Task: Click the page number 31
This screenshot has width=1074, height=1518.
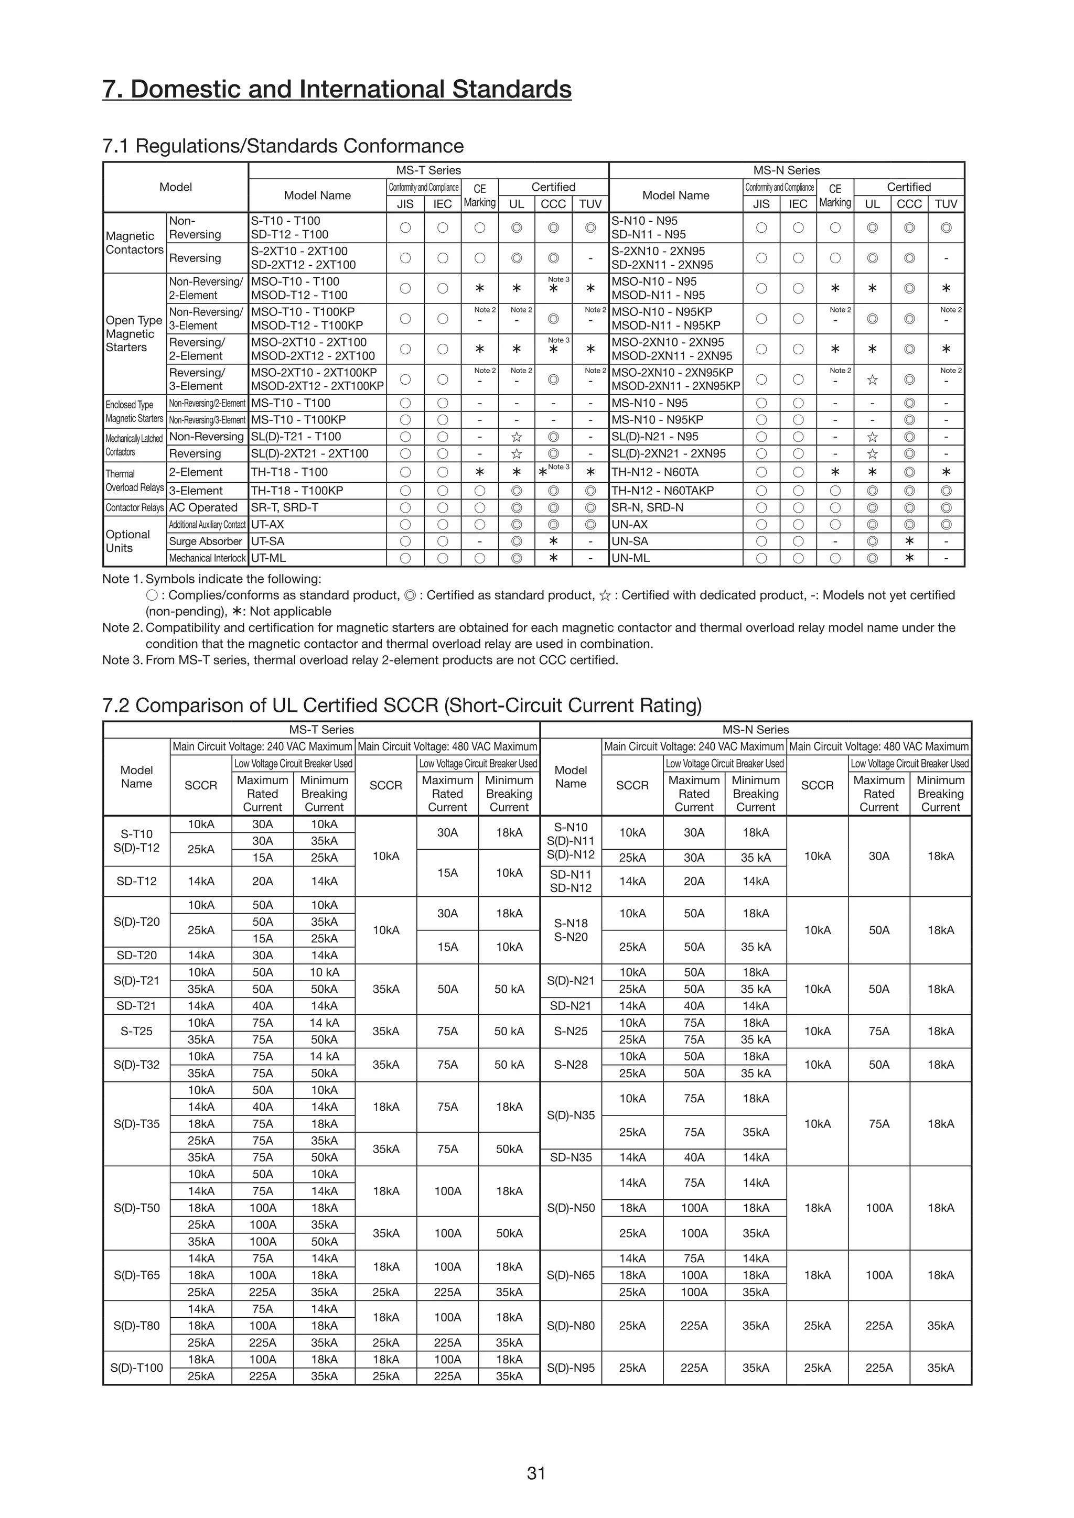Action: pyautogui.click(x=536, y=1473)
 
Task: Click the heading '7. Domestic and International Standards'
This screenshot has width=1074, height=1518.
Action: pyautogui.click(x=337, y=89)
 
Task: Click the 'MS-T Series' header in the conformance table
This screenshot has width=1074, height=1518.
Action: pyautogui.click(x=428, y=170)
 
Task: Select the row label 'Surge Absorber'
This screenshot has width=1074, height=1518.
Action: pyautogui.click(x=206, y=541)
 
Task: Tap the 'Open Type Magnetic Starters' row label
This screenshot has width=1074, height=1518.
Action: pyautogui.click(x=134, y=334)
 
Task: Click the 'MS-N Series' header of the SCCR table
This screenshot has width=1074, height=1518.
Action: pyautogui.click(x=755, y=729)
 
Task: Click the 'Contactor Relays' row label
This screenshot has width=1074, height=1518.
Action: pyautogui.click(x=134, y=507)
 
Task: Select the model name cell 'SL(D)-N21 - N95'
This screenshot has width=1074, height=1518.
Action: pyautogui.click(x=654, y=436)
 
